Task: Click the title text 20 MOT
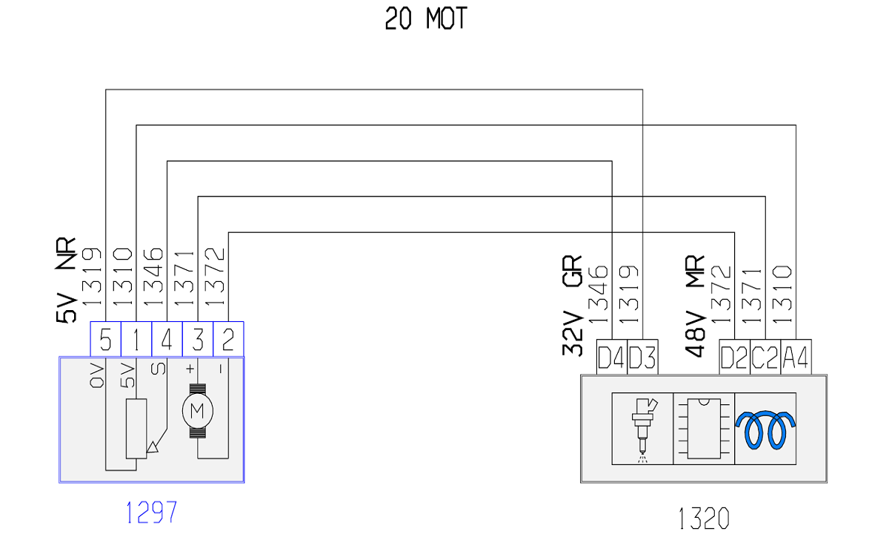(x=426, y=19)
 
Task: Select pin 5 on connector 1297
(x=106, y=339)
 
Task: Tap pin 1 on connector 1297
(x=136, y=339)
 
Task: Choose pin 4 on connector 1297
(x=167, y=339)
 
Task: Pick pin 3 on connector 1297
(x=198, y=339)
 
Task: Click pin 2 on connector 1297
(x=228, y=339)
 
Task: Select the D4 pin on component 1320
(x=612, y=357)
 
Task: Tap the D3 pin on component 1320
(x=642, y=357)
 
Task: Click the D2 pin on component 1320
(x=734, y=357)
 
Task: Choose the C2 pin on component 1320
(x=765, y=357)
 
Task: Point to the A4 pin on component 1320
(x=796, y=357)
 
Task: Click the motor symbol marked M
(x=197, y=412)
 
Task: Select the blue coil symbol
(x=765, y=430)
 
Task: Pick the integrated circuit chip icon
(x=704, y=429)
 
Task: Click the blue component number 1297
(x=151, y=512)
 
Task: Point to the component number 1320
(x=704, y=519)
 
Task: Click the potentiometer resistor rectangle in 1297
(x=136, y=429)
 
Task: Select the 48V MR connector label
(x=695, y=306)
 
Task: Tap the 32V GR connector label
(x=573, y=306)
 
